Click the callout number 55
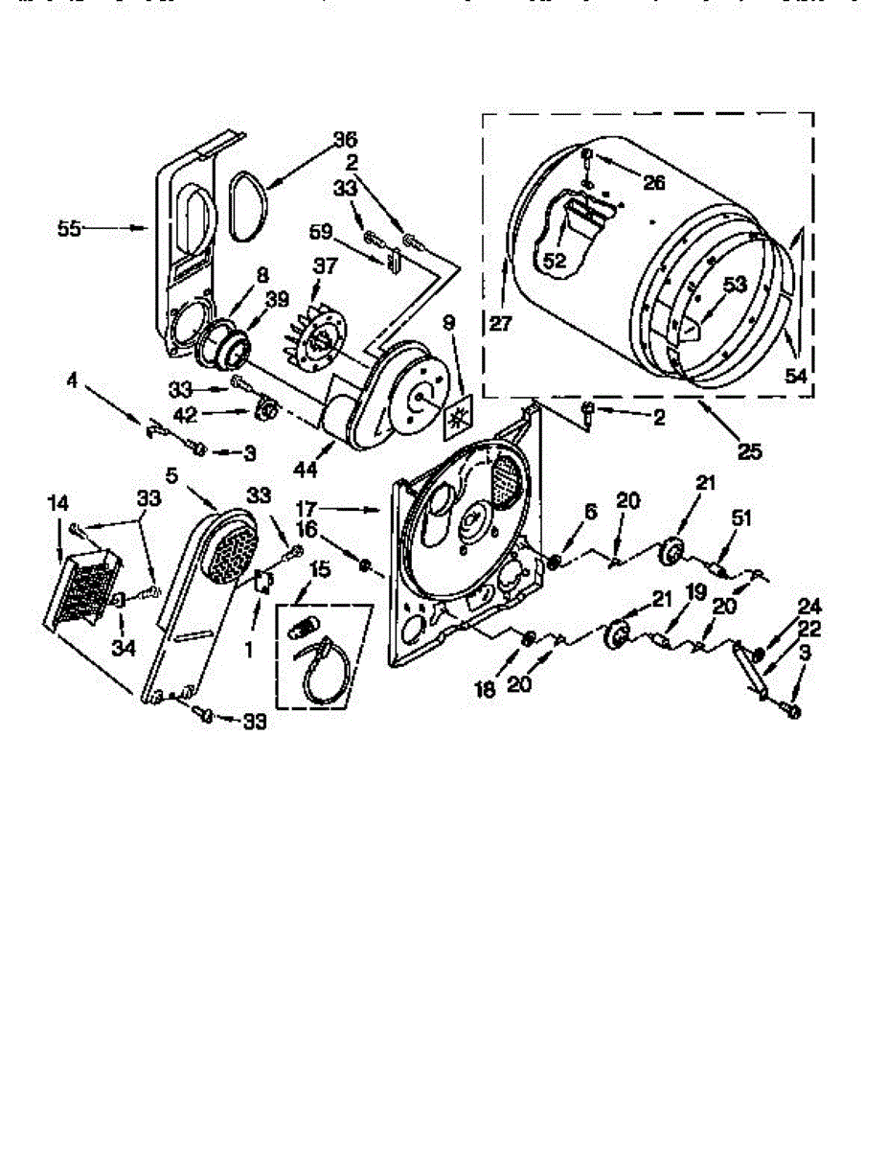pos(68,228)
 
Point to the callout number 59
pos(321,231)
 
